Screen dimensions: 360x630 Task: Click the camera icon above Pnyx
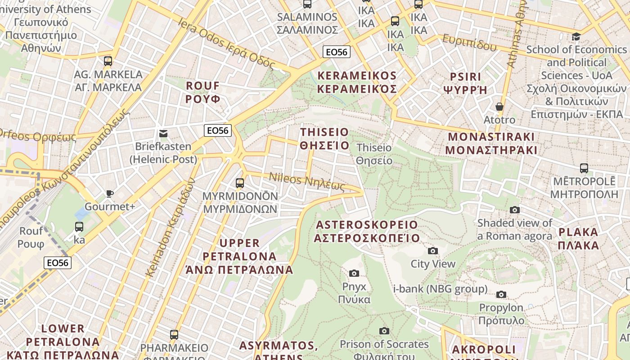[x=354, y=273]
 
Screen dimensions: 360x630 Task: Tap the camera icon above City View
[x=433, y=251]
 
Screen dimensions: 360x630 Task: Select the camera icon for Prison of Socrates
[x=384, y=331]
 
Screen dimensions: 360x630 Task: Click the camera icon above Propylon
[x=501, y=295]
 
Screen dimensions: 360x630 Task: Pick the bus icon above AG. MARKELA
[x=108, y=61]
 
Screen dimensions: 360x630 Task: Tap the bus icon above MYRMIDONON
[x=240, y=183]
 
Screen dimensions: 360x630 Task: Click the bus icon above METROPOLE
[x=584, y=168]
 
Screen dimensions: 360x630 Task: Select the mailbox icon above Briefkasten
[x=163, y=133]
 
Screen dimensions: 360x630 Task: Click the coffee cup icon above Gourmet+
[x=109, y=193]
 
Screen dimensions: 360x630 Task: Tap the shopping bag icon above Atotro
[x=499, y=107]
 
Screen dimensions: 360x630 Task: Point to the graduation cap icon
[x=576, y=36]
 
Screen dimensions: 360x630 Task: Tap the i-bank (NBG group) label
[x=440, y=289]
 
